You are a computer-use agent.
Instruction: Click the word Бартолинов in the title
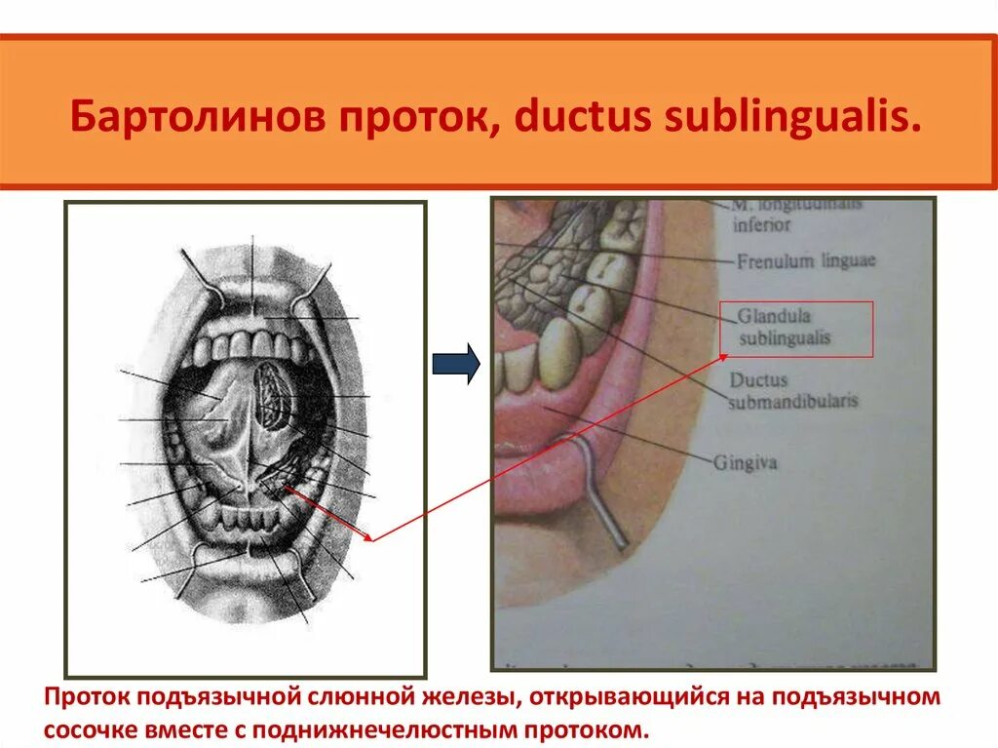coord(194,115)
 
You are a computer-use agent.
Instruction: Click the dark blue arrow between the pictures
coord(456,364)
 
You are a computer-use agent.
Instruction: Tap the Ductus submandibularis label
coord(792,390)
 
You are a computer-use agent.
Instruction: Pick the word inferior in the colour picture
coord(761,225)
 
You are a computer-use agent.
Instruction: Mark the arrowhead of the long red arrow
coord(370,537)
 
